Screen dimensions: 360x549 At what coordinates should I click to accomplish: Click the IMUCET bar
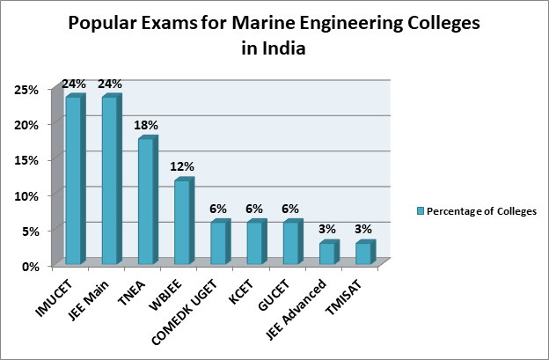tap(74, 180)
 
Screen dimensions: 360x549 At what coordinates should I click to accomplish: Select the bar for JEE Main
tap(110, 180)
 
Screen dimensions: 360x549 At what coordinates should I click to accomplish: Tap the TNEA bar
tap(146, 202)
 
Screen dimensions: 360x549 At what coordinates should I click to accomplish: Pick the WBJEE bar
tap(182, 222)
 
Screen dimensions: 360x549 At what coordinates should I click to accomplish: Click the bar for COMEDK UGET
tap(218, 243)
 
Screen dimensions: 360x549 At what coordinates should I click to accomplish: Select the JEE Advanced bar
tap(327, 253)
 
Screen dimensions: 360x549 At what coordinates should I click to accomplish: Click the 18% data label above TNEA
tap(146, 125)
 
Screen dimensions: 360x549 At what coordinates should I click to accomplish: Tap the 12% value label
tap(182, 166)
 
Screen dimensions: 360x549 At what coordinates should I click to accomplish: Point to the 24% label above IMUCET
tap(74, 84)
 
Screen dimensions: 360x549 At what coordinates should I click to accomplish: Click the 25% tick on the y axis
tap(26, 90)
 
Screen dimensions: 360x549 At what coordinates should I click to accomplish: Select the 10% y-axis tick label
tap(26, 195)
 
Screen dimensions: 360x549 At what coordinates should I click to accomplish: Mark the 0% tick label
tap(29, 264)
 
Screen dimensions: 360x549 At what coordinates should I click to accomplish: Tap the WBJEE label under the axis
tap(171, 290)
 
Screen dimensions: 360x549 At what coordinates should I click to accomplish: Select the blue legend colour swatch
tap(421, 210)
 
